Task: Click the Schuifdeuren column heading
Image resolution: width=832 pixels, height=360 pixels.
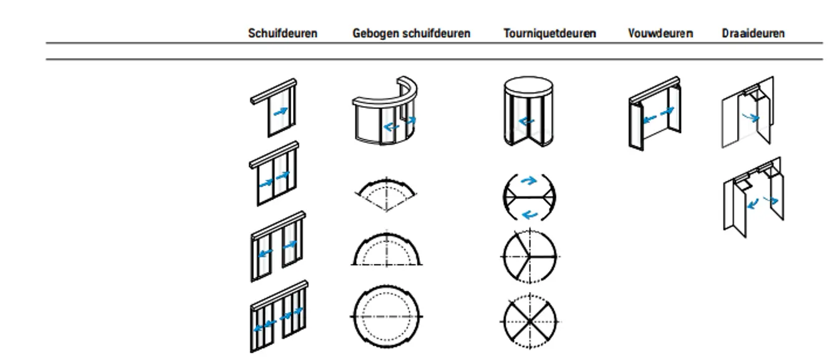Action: point(283,34)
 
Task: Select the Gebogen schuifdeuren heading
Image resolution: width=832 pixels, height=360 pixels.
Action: point(411,34)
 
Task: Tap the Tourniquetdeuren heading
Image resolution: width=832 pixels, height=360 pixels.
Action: point(549,34)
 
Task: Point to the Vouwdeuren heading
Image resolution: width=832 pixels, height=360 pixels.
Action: point(660,34)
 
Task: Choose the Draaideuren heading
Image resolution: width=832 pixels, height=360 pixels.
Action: point(753,34)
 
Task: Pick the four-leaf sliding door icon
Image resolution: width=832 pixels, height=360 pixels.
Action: point(279,317)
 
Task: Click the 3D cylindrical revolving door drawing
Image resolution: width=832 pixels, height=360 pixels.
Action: point(528,112)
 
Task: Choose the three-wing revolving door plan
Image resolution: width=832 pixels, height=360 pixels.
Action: point(529,256)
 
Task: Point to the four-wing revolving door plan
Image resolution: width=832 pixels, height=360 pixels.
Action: point(529,321)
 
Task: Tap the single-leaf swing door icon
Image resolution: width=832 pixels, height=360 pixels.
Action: point(748,112)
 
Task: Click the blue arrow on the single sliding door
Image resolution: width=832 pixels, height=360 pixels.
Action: point(281,111)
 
